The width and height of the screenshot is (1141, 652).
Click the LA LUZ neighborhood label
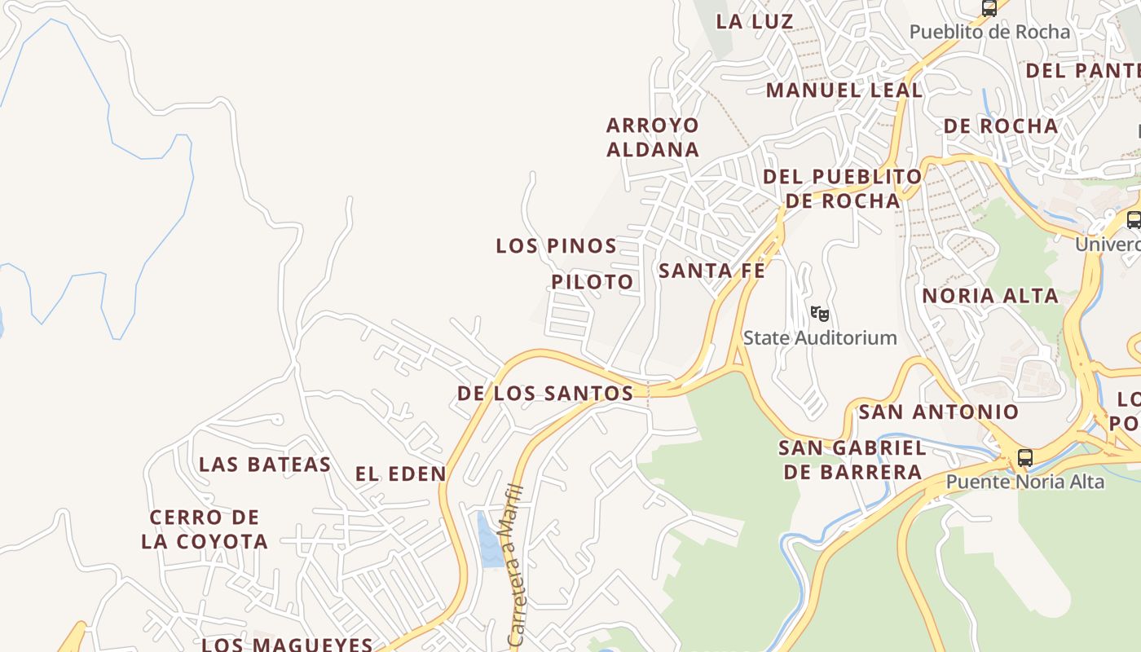coord(755,22)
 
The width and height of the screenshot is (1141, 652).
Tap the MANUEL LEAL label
coord(844,90)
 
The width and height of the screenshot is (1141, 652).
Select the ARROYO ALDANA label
coord(652,137)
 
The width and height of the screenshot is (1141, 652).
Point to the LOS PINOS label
coord(556,245)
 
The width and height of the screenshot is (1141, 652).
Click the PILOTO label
coord(592,282)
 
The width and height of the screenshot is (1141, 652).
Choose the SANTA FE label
coord(711,271)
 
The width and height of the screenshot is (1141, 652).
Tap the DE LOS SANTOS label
coord(544,394)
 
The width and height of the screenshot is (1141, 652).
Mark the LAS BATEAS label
coord(265,465)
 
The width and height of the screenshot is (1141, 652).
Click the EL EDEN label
coord(401,474)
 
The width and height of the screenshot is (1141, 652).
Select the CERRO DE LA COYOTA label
coord(205,529)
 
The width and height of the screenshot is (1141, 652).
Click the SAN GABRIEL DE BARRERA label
coord(852,460)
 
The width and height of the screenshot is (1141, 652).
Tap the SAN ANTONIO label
coord(939,412)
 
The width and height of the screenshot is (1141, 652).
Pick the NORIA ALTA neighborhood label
coord(990,296)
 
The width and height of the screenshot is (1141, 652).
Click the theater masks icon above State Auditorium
coord(819,313)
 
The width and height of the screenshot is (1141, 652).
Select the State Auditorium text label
coord(820,337)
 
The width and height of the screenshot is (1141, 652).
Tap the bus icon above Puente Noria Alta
coord(1024,458)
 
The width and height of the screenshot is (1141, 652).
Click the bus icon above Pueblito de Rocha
coord(989,8)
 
